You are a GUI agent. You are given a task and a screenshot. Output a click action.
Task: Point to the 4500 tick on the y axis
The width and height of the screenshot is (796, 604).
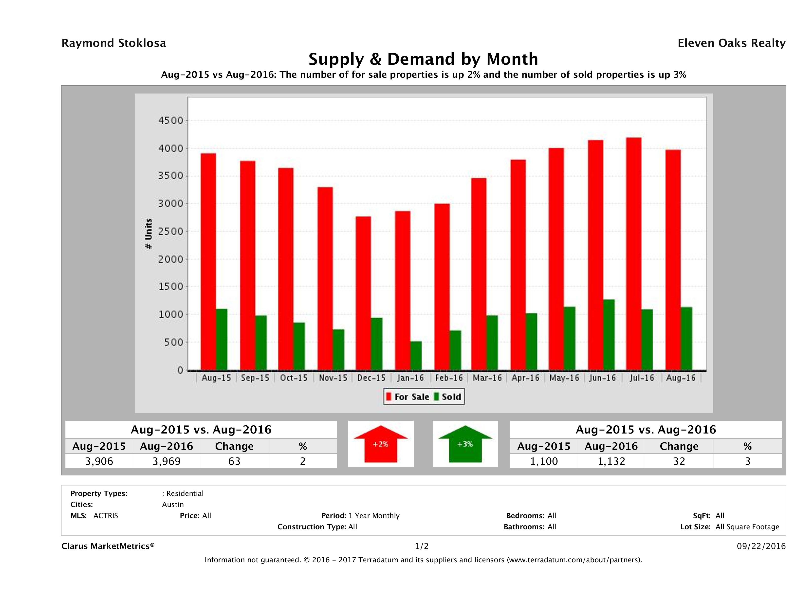point(171,121)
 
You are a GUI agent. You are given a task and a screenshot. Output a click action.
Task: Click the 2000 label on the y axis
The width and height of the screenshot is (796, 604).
point(171,259)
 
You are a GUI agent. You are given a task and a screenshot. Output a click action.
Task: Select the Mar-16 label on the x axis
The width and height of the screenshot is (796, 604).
point(487,378)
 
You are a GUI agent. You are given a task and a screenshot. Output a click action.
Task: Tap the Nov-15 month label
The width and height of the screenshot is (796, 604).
point(333,378)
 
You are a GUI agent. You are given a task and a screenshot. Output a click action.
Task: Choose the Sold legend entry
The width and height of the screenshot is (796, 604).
point(448,397)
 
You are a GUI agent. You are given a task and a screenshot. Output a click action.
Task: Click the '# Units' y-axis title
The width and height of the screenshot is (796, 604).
point(148,234)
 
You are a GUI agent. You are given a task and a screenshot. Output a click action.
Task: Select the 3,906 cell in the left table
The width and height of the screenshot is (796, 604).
point(99,461)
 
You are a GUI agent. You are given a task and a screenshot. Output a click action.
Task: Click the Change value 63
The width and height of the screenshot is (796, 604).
point(234,461)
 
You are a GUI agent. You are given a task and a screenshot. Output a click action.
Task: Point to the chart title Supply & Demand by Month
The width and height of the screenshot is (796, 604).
point(423,59)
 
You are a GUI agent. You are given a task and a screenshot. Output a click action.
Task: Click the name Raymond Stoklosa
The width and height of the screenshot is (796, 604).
point(114,43)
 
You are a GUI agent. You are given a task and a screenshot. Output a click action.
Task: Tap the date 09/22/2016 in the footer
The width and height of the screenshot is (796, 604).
point(761,547)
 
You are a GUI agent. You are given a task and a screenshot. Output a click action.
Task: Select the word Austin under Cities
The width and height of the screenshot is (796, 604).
point(173,505)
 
